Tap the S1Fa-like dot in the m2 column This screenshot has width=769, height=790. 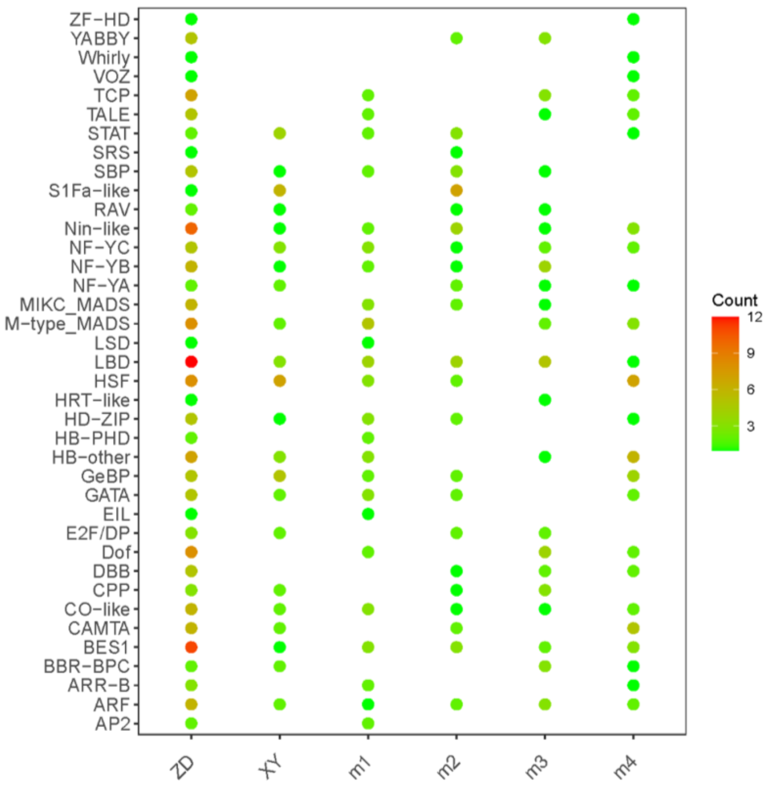click(457, 190)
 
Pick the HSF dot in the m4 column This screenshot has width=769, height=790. click(633, 381)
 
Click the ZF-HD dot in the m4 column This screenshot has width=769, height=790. click(633, 19)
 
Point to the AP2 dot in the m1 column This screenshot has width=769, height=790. click(368, 723)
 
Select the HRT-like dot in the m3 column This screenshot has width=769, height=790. click(545, 400)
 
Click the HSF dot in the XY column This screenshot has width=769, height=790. click(280, 381)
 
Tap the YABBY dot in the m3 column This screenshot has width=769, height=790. click(545, 38)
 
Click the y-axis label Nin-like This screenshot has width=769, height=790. click(97, 229)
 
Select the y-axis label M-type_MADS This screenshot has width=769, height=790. click(67, 324)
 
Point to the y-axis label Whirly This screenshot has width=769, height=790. click(104, 58)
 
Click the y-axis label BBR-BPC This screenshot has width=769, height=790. click(86, 667)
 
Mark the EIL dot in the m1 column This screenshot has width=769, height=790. click(368, 514)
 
